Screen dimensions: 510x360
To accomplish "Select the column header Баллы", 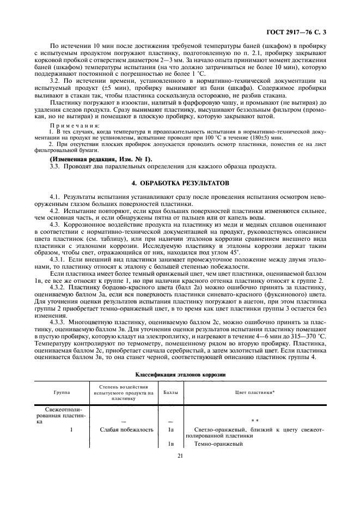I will [170, 392].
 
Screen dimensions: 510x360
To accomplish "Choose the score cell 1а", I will [170, 430].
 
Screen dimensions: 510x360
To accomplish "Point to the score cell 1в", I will [170, 444].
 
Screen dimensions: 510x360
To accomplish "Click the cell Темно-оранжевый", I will [218, 444].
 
